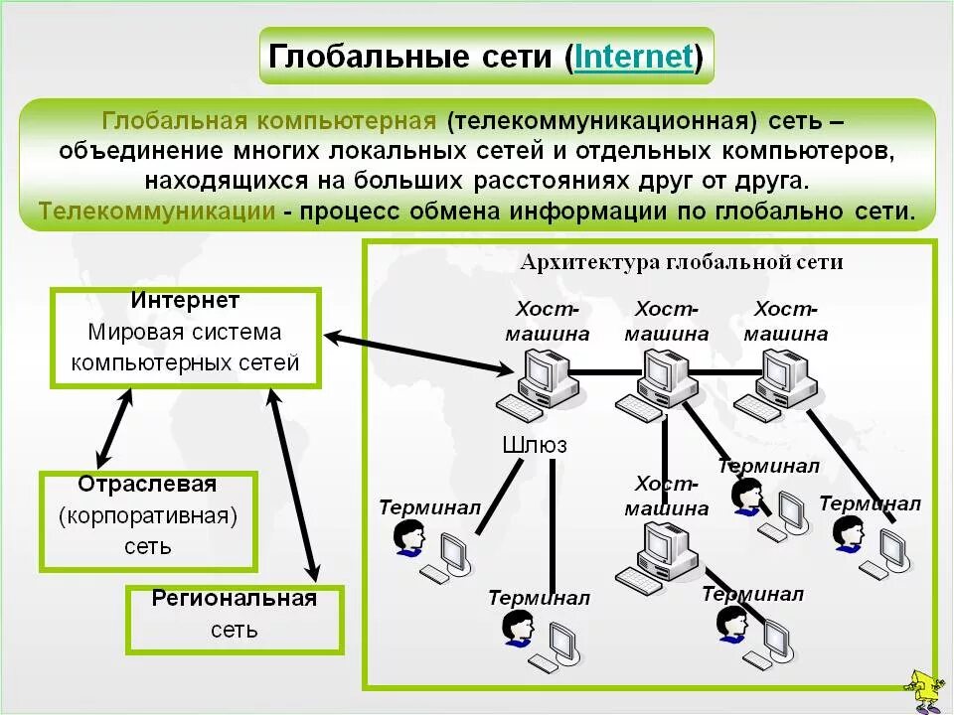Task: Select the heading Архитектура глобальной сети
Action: click(x=681, y=262)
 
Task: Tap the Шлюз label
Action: click(x=535, y=445)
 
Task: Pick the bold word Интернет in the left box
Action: click(x=185, y=300)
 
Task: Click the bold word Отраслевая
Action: click(x=147, y=485)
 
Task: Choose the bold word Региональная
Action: click(x=234, y=598)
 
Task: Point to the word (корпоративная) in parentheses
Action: click(x=148, y=515)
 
